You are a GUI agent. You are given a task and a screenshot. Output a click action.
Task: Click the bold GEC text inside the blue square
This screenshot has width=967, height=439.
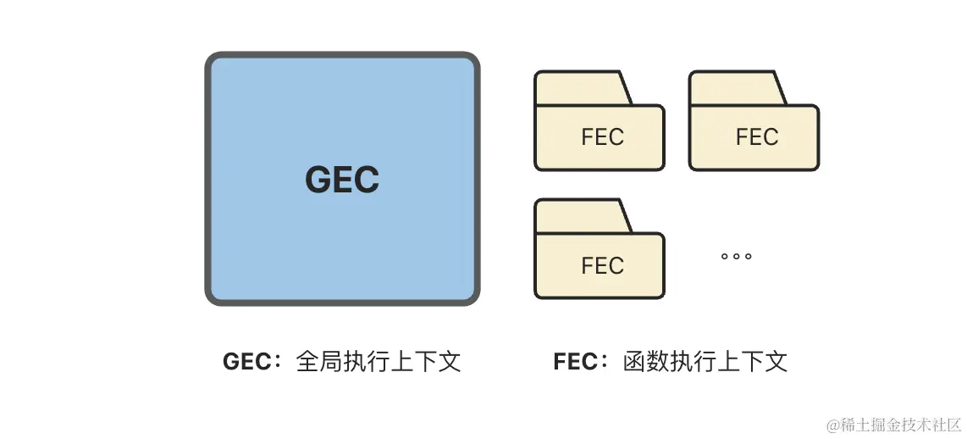[x=342, y=180]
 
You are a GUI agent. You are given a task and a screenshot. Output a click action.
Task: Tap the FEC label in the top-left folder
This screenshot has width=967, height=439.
[x=602, y=137]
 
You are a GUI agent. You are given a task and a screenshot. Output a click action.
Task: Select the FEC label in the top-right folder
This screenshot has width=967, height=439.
[x=756, y=137]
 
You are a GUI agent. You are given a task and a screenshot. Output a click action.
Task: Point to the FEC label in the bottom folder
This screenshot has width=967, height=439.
[x=602, y=266]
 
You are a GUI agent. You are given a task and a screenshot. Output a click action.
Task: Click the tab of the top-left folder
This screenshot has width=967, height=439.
[x=581, y=88]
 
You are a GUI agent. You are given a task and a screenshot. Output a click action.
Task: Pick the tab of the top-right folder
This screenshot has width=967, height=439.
[x=735, y=88]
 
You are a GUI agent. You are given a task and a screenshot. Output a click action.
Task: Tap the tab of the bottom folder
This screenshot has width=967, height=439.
[x=581, y=216]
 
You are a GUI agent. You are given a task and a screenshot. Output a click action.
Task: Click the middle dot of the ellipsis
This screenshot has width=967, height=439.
[x=737, y=256]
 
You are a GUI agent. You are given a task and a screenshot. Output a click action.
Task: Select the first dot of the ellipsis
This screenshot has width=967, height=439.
[x=725, y=256]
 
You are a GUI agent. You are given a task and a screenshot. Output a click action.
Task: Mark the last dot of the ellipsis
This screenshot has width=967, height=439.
[x=749, y=256]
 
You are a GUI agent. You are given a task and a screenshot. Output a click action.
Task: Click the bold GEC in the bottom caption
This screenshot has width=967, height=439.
[x=245, y=362]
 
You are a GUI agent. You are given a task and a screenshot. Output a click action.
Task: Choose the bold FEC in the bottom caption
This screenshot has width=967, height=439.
[x=574, y=362]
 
